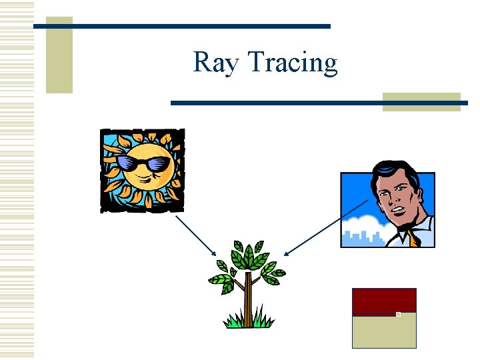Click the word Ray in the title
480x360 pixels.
tap(217, 63)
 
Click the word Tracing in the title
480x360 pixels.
tap(293, 63)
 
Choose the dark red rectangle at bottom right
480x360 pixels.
tap(383, 301)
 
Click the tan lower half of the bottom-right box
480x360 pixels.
tap(383, 331)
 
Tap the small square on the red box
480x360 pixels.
tap(398, 314)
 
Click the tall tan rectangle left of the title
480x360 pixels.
tap(59, 55)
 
